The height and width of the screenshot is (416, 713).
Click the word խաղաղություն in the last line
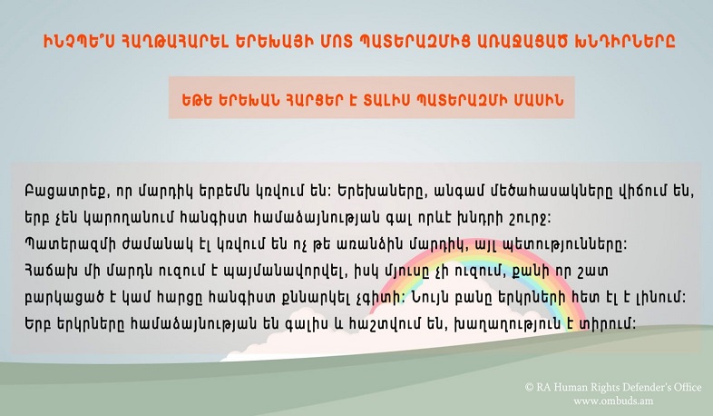click(511, 324)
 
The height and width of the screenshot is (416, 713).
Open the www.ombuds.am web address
click(613, 401)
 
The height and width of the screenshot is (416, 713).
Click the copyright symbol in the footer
click(529, 387)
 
